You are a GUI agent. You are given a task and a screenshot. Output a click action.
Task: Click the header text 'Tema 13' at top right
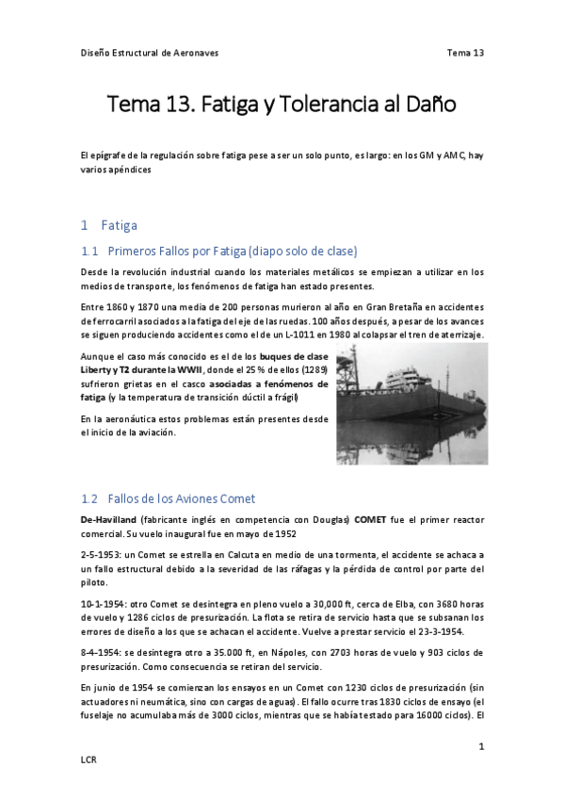[x=465, y=53]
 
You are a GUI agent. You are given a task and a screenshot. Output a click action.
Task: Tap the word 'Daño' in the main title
[x=429, y=105]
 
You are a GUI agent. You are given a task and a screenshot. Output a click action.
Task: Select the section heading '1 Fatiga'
[x=109, y=225]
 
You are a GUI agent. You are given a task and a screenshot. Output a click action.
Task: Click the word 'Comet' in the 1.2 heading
[x=236, y=498]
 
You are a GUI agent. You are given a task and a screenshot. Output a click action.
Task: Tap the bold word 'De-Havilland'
[x=109, y=520]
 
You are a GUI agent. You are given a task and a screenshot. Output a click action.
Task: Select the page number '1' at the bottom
[x=481, y=747]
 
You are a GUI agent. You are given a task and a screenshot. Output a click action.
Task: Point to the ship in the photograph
[x=405, y=396]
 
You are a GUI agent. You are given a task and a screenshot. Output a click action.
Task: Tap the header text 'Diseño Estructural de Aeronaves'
[x=149, y=53]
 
